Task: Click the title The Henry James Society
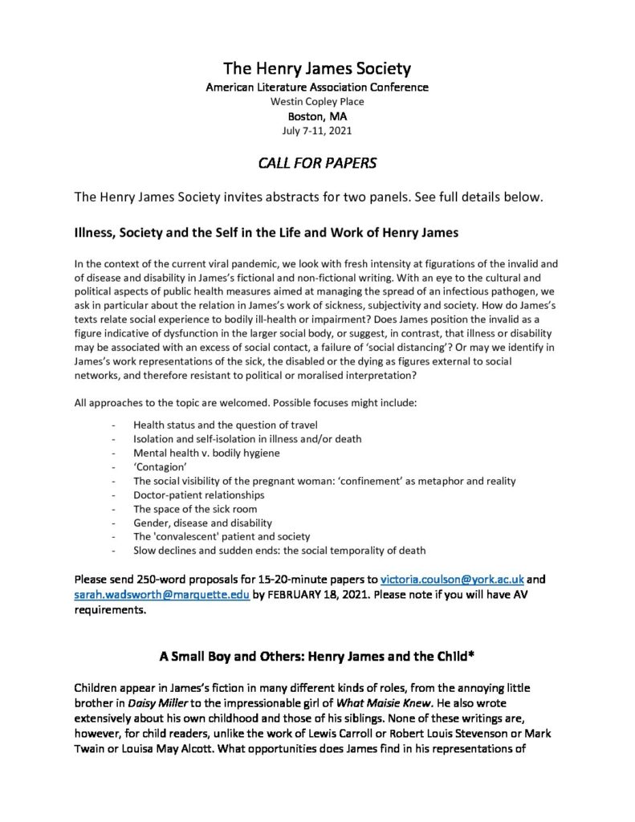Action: click(x=317, y=68)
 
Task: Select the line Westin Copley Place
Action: click(x=317, y=101)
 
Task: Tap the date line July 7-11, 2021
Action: click(x=317, y=130)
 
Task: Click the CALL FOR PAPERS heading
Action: click(x=317, y=164)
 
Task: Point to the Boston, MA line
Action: click(x=317, y=116)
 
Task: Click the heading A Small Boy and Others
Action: click(x=317, y=657)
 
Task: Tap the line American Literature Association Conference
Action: click(x=317, y=87)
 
